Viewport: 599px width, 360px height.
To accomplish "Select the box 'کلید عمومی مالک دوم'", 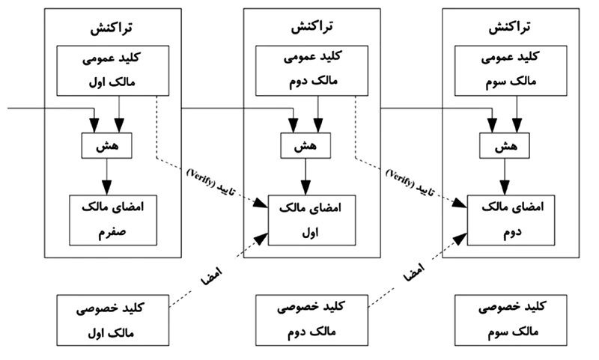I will point(306,70).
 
